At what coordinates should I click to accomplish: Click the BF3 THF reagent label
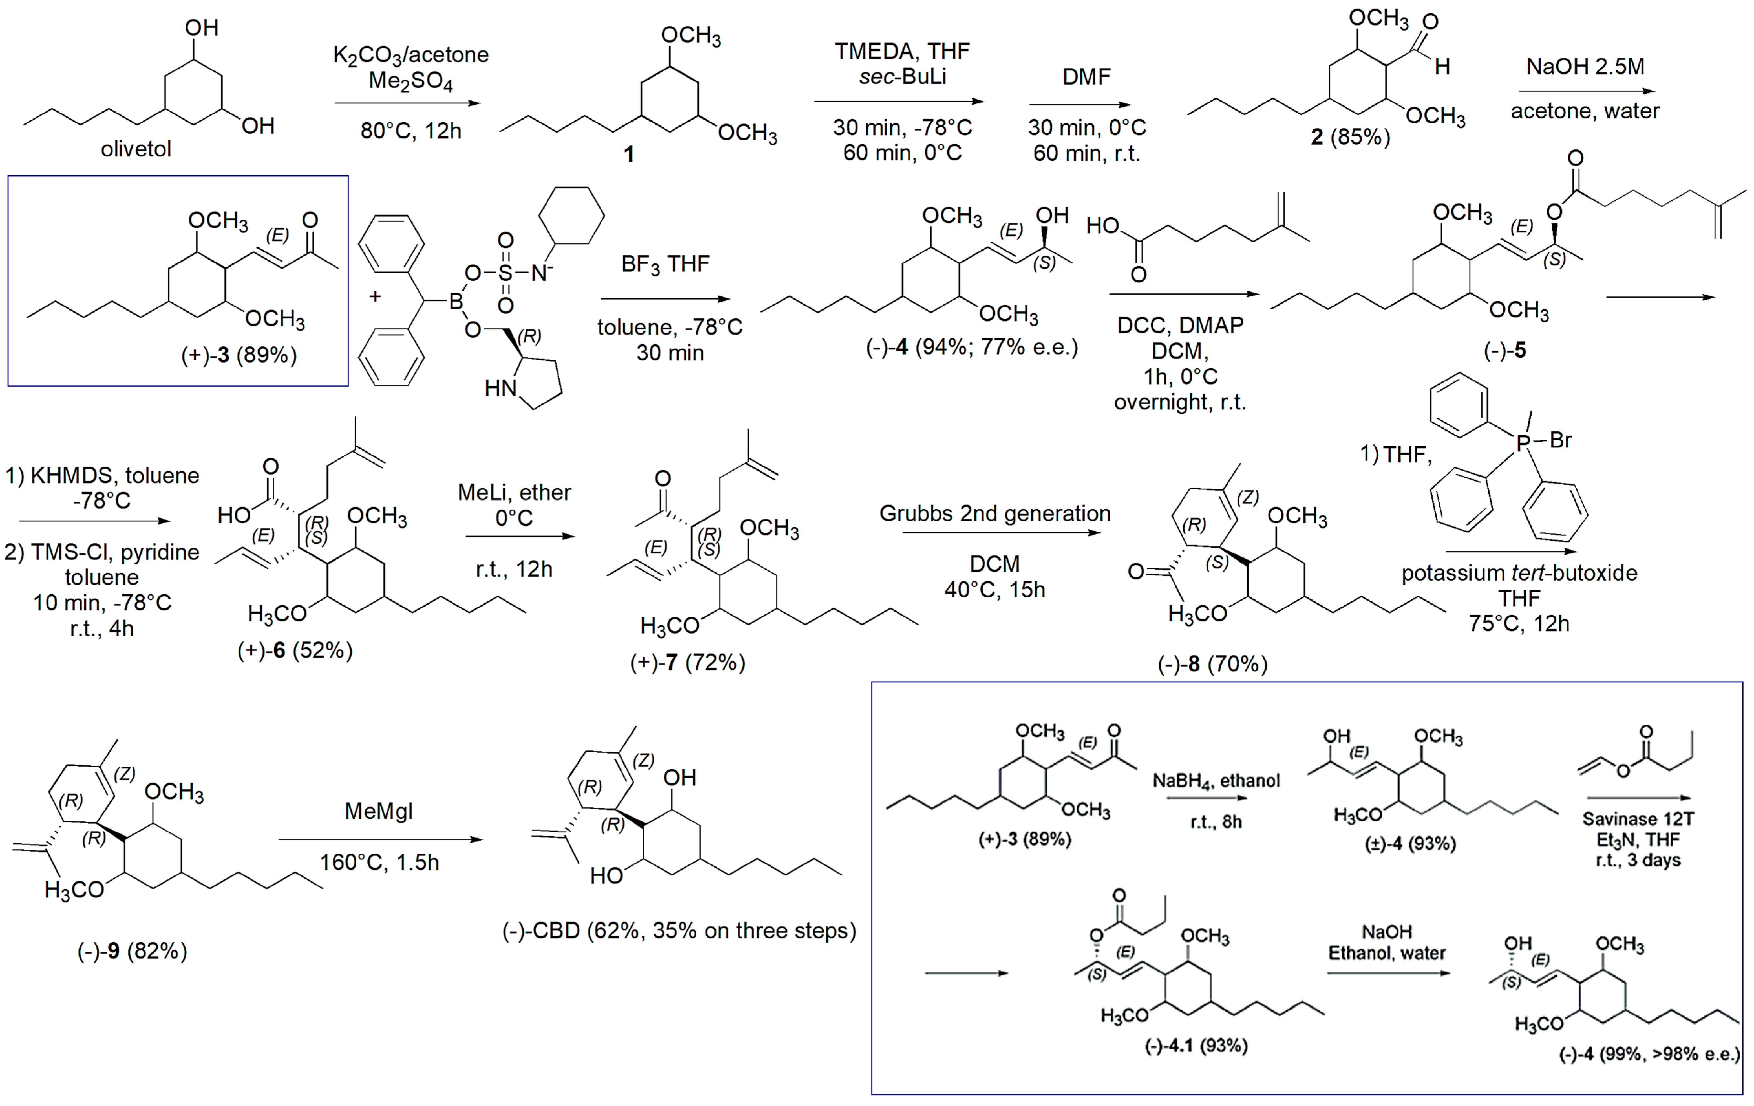tap(665, 264)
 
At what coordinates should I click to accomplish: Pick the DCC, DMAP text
tap(1180, 325)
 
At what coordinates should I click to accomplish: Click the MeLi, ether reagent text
tap(514, 492)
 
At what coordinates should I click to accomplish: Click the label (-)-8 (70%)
tap(1212, 664)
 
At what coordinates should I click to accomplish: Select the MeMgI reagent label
tap(379, 811)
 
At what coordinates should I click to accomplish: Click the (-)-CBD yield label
tap(679, 930)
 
